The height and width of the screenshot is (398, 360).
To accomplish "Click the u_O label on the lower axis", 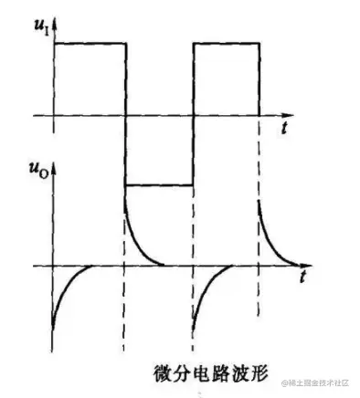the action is point(36,170).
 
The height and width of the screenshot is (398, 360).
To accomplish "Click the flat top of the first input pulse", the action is point(90,42).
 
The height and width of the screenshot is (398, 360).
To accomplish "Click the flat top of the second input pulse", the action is point(227,42).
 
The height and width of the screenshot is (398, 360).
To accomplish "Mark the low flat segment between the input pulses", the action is point(159,184).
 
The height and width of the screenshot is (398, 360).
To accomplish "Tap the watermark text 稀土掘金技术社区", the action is point(319,382).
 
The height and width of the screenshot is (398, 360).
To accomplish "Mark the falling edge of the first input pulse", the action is point(124,110).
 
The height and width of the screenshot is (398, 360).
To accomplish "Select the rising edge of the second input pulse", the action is point(193,110).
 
